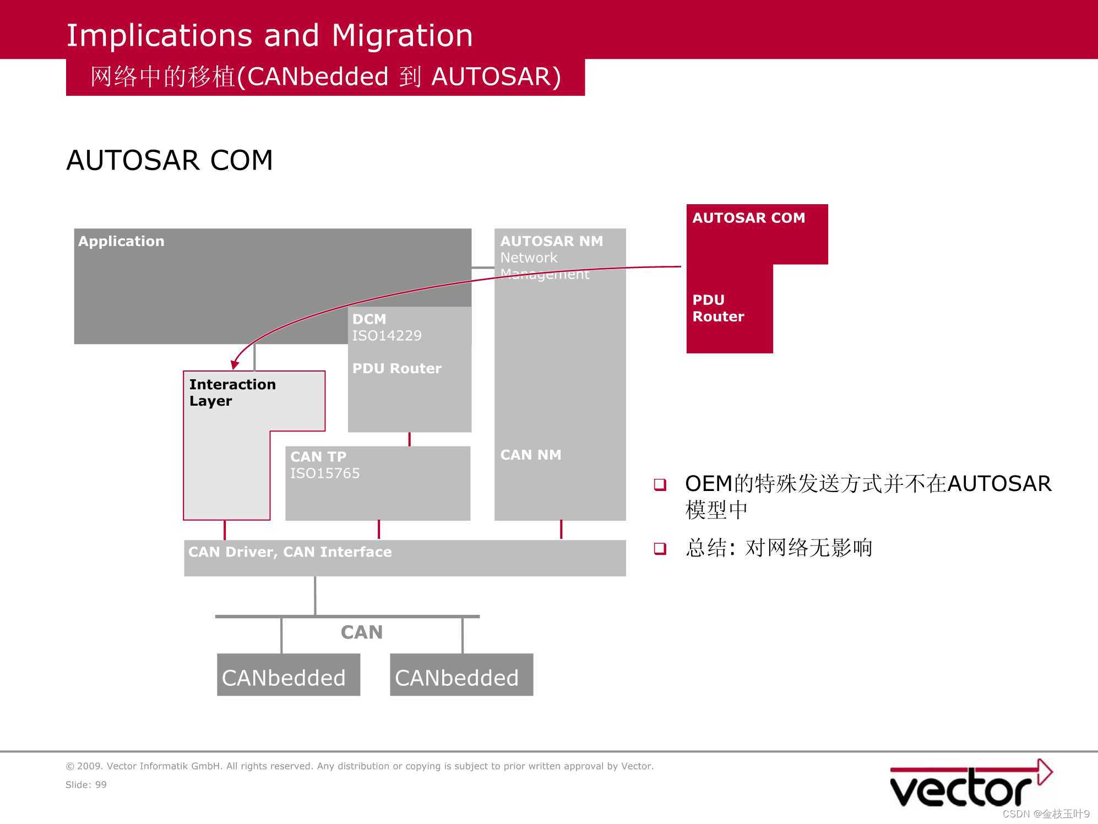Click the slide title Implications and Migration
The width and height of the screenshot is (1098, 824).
point(269,35)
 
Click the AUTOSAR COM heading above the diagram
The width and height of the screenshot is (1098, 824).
point(170,161)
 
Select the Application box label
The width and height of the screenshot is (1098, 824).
point(121,241)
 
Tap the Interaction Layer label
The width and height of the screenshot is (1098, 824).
point(232,392)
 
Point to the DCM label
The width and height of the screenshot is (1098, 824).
point(369,319)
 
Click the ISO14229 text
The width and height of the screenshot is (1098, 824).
point(387,336)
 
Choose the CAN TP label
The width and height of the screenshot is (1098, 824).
point(318,457)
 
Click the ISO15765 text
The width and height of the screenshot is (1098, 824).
point(325,473)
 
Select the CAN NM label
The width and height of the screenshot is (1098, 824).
point(531,455)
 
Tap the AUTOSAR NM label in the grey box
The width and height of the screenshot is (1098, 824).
point(551,241)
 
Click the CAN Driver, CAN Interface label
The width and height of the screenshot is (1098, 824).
point(290,552)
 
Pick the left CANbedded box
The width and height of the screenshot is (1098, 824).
point(288,675)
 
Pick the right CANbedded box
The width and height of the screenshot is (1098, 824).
point(461,675)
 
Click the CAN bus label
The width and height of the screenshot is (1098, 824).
point(361,632)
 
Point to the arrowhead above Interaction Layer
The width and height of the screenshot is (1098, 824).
point(235,364)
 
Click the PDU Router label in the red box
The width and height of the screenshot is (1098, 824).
point(718,308)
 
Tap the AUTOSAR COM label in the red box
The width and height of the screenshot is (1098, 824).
point(748,218)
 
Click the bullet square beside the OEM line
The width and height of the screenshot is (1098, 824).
point(660,485)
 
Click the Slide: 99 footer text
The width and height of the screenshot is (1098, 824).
point(86,785)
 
